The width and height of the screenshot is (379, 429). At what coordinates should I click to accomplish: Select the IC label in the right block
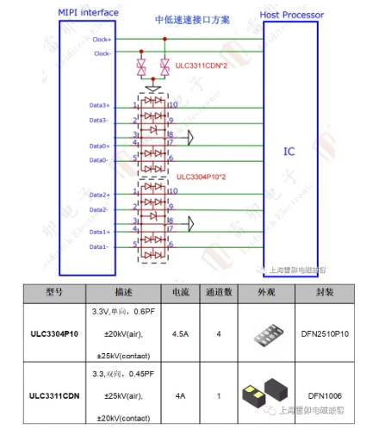pos(290,152)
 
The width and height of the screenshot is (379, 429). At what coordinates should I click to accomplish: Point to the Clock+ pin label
pos(101,39)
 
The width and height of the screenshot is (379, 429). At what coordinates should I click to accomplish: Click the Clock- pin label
pos(101,53)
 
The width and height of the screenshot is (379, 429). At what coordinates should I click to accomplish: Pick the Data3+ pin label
pos(100,105)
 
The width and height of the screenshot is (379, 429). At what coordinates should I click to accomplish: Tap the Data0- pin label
pos(100,160)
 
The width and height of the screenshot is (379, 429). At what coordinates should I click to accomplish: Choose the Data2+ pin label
pos(100,196)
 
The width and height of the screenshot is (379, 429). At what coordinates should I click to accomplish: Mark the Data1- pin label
pos(100,247)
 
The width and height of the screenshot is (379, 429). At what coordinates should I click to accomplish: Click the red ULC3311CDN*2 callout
pos(200,65)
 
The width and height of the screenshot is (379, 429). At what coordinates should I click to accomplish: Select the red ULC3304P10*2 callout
pos(202,177)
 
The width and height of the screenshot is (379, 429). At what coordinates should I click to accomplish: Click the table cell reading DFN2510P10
pos(326,333)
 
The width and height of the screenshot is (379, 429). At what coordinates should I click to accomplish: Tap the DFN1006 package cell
pos(326,395)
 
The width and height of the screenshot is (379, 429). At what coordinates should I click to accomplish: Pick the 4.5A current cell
pos(180,333)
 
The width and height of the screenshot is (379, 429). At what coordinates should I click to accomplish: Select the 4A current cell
pos(180,395)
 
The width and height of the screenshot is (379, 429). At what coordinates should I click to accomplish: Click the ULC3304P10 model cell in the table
pos(54,333)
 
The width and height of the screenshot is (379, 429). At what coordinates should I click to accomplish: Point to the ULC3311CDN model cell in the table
pos(54,395)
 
